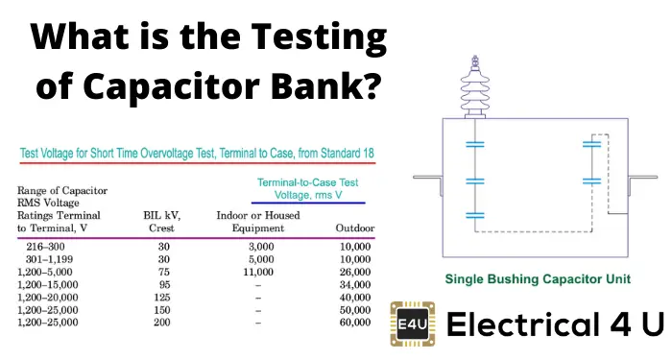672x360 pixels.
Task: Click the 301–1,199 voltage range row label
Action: point(46,260)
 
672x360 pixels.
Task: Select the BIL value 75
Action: point(163,273)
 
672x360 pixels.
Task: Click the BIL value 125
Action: point(163,298)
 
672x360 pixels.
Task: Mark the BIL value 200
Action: point(163,324)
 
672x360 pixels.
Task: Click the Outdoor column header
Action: point(353,228)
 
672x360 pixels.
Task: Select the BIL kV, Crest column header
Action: point(163,223)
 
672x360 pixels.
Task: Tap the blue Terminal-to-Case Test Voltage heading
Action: point(307,188)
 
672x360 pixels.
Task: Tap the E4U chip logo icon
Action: point(409,324)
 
